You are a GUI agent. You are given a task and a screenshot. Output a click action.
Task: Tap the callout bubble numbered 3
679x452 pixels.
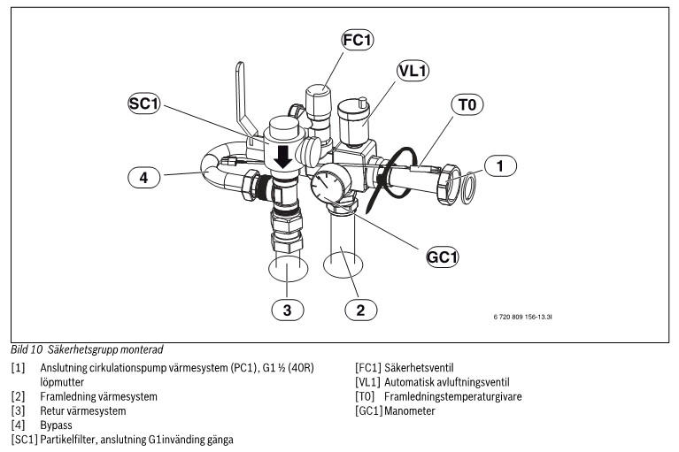tap(287, 310)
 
